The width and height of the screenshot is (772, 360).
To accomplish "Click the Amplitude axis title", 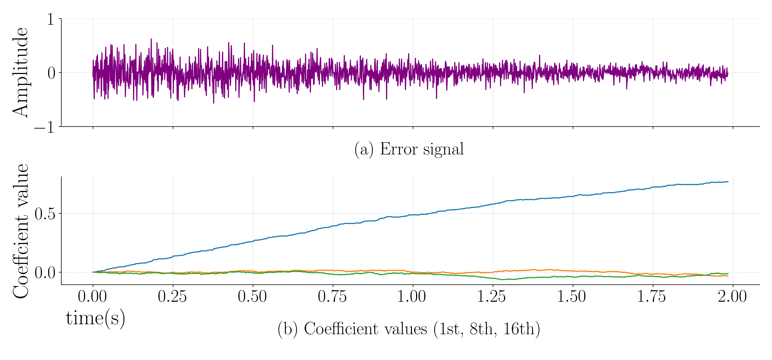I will click(20, 73).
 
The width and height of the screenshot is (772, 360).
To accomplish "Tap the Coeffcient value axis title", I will click(20, 231).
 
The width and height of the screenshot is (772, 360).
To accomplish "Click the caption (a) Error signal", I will click(409, 149).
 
